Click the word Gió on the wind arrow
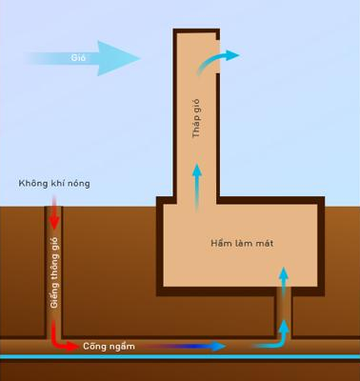78,58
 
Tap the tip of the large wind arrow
140,58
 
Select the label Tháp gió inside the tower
196,118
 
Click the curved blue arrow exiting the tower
216,61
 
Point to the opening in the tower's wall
218,56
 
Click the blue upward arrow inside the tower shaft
197,188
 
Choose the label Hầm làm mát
242,244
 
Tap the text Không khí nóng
54,184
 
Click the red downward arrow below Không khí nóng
54,212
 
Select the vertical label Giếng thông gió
54,272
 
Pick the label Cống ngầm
109,346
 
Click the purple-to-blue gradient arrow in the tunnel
183,347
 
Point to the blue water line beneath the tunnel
180,357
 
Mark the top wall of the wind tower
196,30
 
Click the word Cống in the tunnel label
92,346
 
